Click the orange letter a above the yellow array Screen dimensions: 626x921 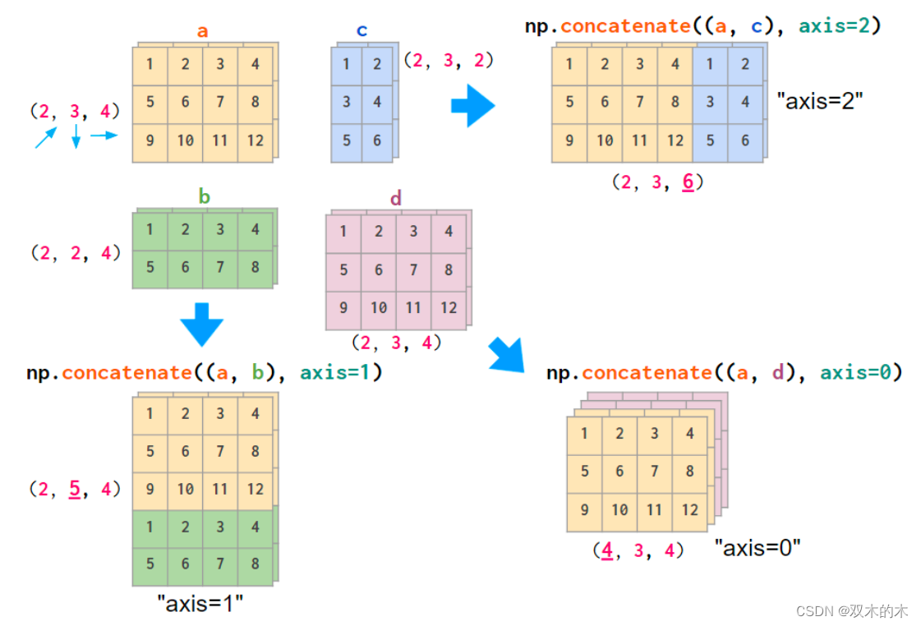pos(202,31)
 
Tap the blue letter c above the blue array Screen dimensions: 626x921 pos(362,31)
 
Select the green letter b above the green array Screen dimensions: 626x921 pos(204,196)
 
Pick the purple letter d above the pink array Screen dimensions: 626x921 pos(396,198)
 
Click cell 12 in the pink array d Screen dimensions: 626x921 pos(448,307)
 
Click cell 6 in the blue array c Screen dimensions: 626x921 pos(377,140)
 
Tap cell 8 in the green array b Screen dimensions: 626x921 pos(255,267)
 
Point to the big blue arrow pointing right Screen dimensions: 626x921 pos(473,105)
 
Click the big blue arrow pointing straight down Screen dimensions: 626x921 pos(201,324)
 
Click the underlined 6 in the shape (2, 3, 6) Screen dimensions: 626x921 pos(688,182)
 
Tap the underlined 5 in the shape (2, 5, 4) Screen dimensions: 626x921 pos(74,490)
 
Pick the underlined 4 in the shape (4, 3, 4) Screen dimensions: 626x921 pos(606,550)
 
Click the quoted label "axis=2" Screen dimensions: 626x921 pos(820,102)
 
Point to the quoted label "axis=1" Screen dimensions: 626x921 pos(200,605)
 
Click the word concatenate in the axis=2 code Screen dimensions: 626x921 pos(625,25)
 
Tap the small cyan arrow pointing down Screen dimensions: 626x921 pos(76,136)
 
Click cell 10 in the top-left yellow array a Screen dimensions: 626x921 pos(185,140)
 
